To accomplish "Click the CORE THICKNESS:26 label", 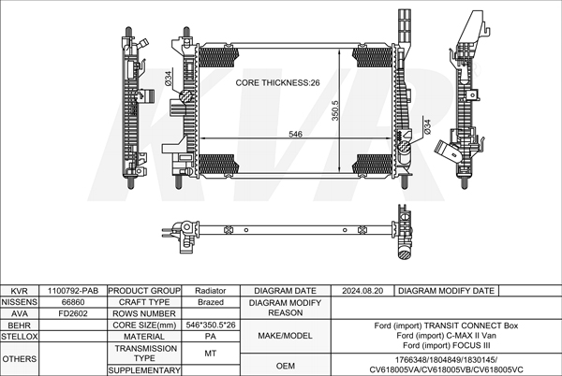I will (278, 83).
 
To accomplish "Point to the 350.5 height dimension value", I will (334, 112).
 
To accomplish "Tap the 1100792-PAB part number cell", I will (73, 291).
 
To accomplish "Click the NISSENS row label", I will (20, 302).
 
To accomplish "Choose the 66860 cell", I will (73, 302).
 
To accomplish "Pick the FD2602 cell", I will (73, 313).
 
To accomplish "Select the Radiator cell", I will (211, 291).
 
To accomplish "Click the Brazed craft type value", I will (211, 302).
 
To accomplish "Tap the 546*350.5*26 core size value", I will (211, 325).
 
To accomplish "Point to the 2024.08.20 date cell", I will (363, 291).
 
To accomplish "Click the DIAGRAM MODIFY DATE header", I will (446, 291).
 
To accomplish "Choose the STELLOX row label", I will (20, 336).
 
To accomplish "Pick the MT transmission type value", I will (211, 353).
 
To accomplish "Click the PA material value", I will (211, 336).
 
